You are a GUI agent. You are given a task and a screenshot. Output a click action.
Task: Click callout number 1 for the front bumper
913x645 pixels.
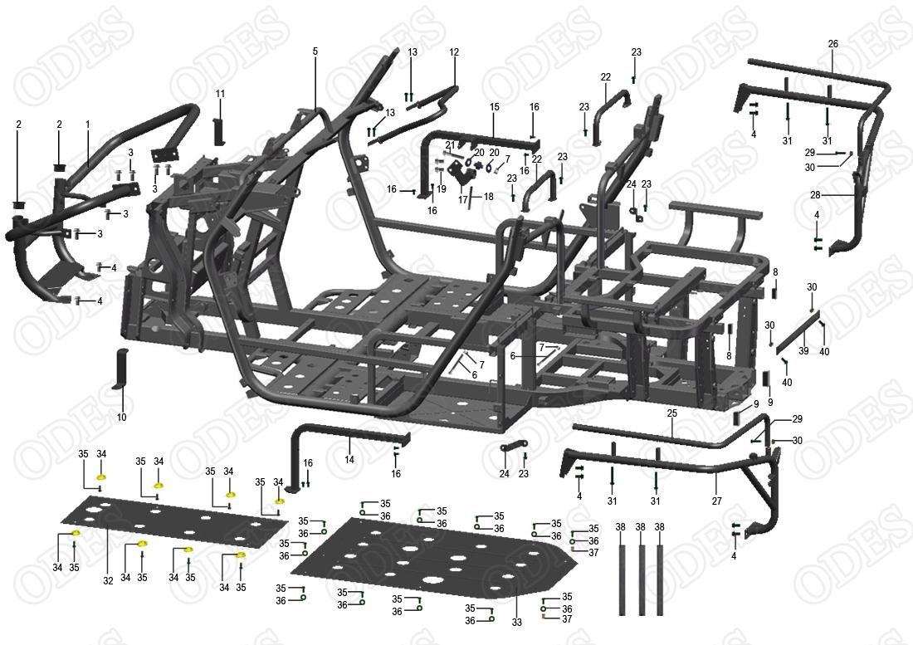tap(87, 124)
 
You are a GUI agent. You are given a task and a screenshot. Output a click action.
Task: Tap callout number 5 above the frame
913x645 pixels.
tap(315, 51)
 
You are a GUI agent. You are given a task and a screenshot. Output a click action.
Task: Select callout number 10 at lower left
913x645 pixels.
tap(122, 417)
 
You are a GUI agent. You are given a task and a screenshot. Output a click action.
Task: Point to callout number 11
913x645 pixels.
tap(220, 93)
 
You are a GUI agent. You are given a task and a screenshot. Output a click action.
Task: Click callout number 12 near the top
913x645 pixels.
tap(454, 52)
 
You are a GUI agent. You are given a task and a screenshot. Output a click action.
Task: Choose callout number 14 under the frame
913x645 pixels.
tap(349, 460)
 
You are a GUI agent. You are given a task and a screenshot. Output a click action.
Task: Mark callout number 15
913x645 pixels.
tap(494, 107)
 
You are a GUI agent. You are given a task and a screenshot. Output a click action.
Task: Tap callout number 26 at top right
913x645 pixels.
tap(833, 43)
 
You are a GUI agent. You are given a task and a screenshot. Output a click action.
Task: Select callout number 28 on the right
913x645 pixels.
tap(815, 195)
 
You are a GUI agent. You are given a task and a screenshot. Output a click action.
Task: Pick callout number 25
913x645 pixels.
tap(672, 413)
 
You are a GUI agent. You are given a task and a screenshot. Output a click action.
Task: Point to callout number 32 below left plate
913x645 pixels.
tap(108, 581)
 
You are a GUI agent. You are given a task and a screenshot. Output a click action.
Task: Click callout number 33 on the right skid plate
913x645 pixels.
tap(516, 622)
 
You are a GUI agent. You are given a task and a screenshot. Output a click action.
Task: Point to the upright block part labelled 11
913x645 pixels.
tap(220, 130)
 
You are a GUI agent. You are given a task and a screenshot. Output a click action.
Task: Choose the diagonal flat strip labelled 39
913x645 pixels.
tap(798, 333)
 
